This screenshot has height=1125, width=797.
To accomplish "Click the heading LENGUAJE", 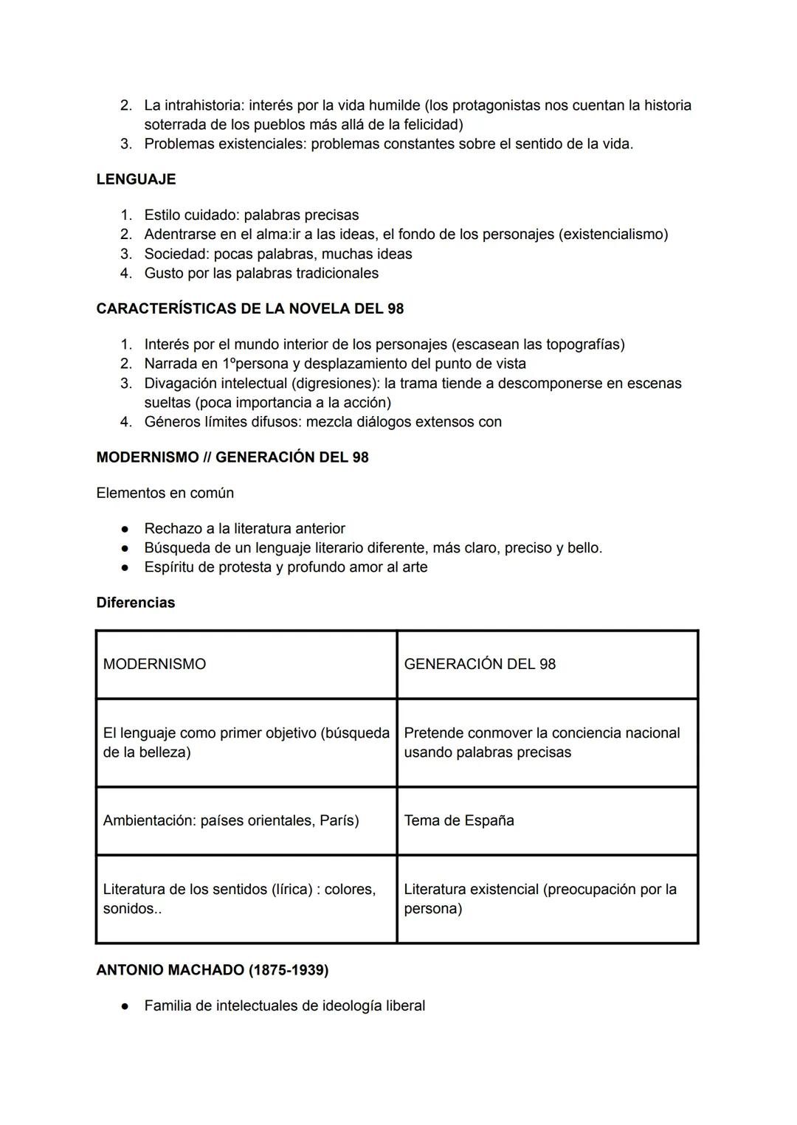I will click(136, 179).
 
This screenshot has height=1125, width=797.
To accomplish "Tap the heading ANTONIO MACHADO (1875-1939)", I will click(212, 970).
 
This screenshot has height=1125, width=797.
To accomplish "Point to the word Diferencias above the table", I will click(136, 603).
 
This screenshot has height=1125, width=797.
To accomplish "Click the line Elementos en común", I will click(165, 493).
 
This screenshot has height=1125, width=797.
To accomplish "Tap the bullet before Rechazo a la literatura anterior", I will click(127, 529).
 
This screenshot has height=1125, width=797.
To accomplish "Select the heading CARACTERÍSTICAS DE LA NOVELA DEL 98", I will click(249, 309).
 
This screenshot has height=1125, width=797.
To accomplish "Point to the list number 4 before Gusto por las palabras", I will click(126, 274).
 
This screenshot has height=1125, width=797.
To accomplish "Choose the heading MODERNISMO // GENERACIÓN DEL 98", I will click(232, 457).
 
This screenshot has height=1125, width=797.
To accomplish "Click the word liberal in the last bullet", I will click(405, 1005).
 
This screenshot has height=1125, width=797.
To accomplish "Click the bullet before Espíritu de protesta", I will click(127, 567).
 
